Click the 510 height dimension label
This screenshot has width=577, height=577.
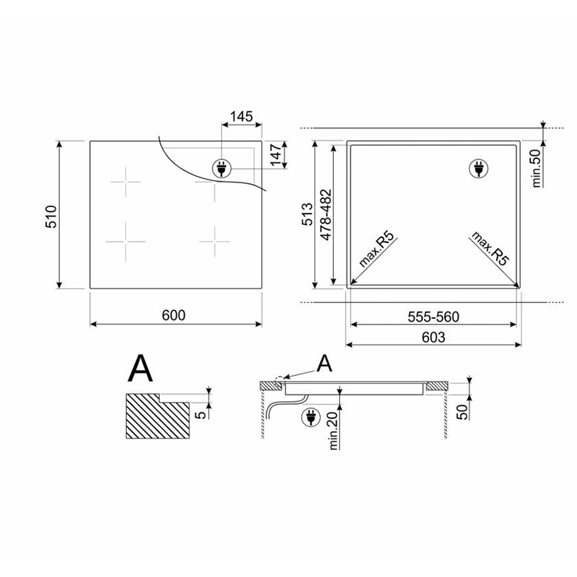pos(51,217)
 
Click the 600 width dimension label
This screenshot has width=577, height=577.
pos(174,315)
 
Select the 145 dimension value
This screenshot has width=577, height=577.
pos(242,117)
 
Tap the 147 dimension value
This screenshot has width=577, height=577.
pos(276,155)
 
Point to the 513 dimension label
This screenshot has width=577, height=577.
pos(307,213)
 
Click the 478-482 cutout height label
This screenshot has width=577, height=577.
pos(326,215)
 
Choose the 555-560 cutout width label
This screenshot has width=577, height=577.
pos(433,317)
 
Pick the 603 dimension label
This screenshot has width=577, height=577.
pos(433,337)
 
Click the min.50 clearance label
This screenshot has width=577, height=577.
pos(537,168)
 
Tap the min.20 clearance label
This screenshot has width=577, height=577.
pos(333,431)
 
